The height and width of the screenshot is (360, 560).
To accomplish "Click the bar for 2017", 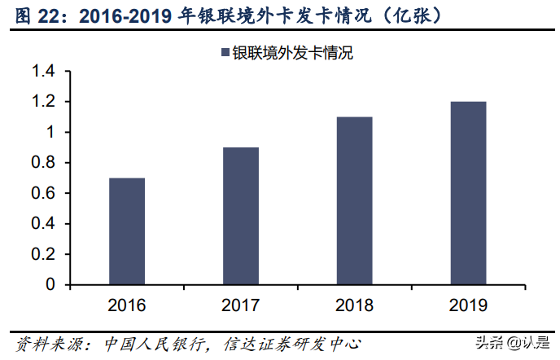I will (240, 216).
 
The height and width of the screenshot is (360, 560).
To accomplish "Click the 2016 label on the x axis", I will (127, 306).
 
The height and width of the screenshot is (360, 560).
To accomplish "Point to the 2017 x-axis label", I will (240, 306).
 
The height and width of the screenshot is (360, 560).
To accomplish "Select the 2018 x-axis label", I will (354, 306).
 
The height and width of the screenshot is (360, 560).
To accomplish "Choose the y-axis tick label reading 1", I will (50, 133).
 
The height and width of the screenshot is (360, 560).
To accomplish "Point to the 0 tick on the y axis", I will (50, 285).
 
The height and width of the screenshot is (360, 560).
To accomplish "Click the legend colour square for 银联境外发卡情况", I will (225, 53).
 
